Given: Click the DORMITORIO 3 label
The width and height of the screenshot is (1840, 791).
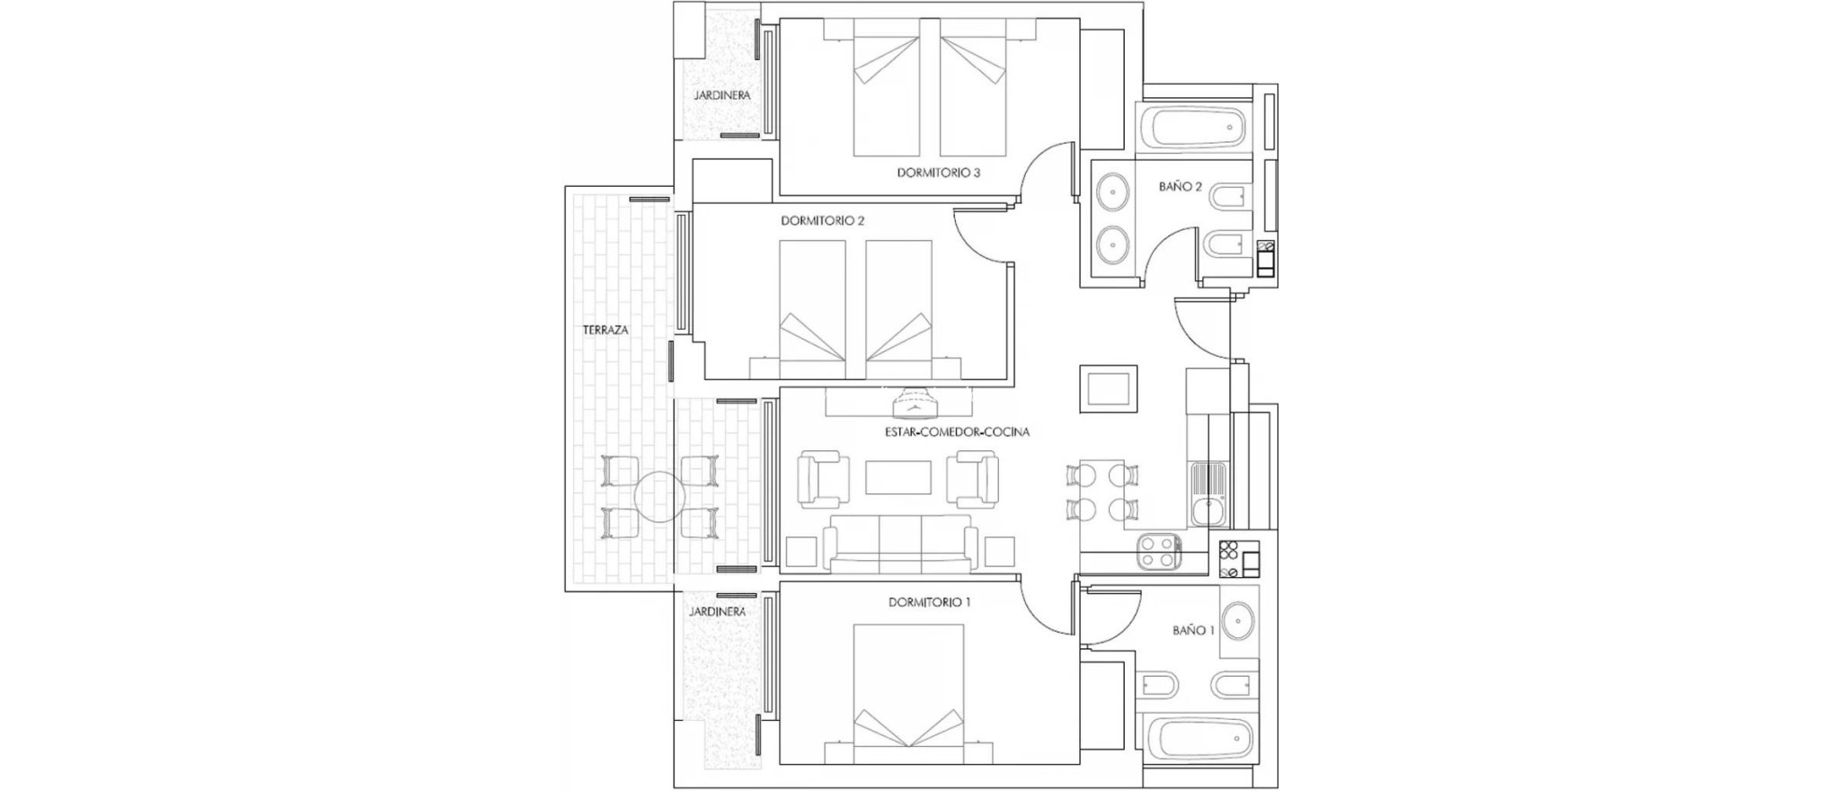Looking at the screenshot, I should (938, 173).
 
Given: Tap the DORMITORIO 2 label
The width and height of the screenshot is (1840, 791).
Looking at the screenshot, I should (822, 220).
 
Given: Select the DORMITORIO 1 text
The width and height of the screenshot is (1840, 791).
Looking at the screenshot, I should (929, 602).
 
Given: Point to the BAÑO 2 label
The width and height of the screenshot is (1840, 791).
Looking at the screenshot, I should (1180, 187).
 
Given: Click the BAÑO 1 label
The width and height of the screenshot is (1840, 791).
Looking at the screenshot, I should (1193, 631).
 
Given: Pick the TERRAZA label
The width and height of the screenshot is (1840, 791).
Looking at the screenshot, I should (606, 330).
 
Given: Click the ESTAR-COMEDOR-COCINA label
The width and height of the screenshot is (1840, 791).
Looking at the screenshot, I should (957, 432).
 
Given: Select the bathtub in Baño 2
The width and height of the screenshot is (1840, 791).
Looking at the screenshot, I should (1191, 129).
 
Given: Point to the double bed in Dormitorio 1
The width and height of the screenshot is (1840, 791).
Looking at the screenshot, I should (908, 688).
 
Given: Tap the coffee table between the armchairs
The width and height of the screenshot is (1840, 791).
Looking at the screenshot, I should (898, 477).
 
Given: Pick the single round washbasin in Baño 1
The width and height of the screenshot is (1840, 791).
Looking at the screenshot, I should (1239, 621).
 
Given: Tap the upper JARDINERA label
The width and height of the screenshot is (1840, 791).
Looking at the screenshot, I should (721, 94).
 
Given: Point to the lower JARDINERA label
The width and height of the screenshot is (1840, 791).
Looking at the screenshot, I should (717, 611).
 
